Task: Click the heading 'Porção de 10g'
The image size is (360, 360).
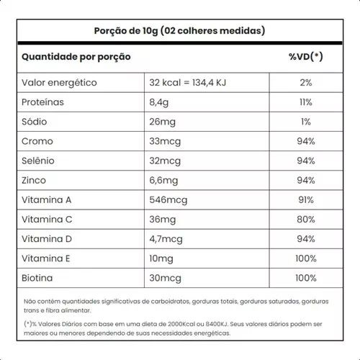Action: [x=126, y=31]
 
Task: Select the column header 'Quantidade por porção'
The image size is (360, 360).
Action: [x=76, y=57]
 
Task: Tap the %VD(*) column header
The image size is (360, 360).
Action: [x=306, y=57]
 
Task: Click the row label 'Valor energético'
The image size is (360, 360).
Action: [x=59, y=83]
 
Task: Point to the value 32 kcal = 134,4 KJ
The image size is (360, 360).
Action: [x=188, y=83]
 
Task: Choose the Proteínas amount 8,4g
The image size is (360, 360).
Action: [x=159, y=102]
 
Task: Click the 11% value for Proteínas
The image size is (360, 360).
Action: [x=306, y=102]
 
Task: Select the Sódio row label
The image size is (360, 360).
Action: [x=35, y=122]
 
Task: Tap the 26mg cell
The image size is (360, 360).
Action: [x=163, y=122]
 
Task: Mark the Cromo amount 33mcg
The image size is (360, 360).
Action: [x=165, y=142]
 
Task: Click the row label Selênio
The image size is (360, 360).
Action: [x=38, y=161]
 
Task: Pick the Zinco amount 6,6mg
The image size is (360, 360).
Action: [x=163, y=181]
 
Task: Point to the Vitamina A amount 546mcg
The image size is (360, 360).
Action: [x=168, y=200]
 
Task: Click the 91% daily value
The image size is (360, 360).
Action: [x=306, y=200]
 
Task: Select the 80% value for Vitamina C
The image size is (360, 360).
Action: [x=306, y=220]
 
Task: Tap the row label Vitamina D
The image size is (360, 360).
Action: [x=47, y=239]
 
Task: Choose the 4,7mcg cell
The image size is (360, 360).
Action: [x=166, y=239]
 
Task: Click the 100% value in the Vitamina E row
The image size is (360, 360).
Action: [x=306, y=258]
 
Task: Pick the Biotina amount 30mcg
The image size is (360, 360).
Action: [x=165, y=279]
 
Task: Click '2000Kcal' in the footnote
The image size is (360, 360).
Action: [x=181, y=324]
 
